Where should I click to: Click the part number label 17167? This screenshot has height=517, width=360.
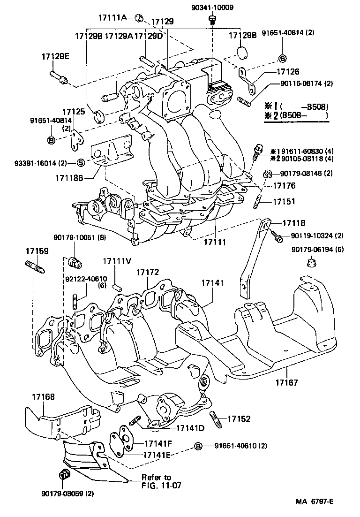click(287, 383)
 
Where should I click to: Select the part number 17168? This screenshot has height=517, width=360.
click(43, 397)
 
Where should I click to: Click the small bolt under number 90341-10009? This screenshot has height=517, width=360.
click(212, 19)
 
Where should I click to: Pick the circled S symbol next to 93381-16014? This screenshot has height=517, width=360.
click(80, 163)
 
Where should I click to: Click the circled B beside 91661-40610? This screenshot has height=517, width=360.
click(198, 446)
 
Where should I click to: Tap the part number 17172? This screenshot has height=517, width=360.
click(148, 272)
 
